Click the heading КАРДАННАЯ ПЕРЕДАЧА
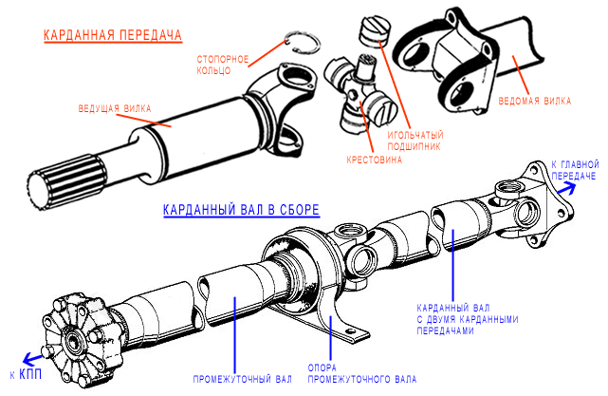tap(112, 36)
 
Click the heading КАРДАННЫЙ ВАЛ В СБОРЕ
tap(241, 209)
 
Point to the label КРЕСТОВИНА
tap(376, 160)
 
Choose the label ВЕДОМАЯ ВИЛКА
tap(538, 99)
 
